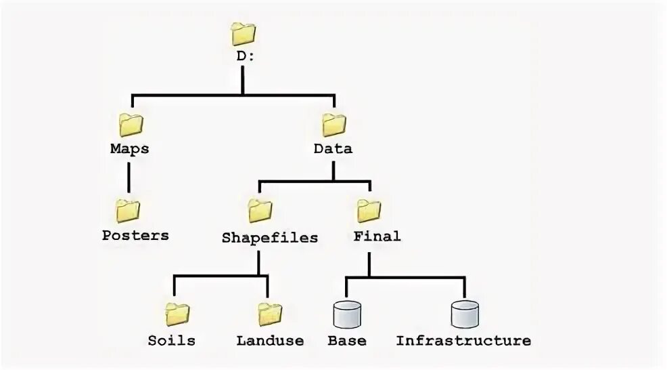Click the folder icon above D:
[243, 33]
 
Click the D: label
[246, 56]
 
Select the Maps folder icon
[131, 125]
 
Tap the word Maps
[129, 148]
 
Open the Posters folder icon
[127, 211]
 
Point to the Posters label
[135, 236]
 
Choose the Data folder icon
[333, 125]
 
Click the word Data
[333, 148]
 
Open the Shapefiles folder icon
[260, 211]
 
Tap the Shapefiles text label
[270, 237]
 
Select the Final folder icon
[369, 211]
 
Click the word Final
[377, 237]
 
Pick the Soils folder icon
[177, 314]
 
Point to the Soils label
[172, 340]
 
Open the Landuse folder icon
[270, 314]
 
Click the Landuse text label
[270, 340]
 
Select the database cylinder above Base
[346, 314]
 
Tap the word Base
[346, 340]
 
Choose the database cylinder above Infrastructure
[465, 314]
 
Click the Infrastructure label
[463, 340]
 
